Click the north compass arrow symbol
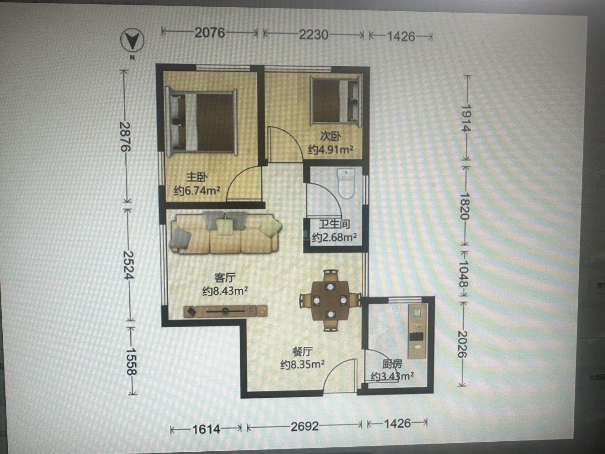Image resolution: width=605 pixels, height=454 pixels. (132, 41)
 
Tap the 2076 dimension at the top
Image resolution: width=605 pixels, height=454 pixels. (210, 33)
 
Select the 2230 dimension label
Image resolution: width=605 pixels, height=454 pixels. (314, 35)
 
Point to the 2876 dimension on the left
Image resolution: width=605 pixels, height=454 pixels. (125, 136)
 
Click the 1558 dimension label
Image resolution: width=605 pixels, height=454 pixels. (131, 361)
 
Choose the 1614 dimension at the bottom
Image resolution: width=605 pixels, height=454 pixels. (206, 429)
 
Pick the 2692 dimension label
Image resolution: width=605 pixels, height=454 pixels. (304, 426)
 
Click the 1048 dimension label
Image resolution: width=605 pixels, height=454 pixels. (463, 274)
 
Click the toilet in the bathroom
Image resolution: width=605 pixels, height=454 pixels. (346, 183)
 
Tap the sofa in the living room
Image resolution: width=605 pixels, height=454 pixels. (226, 232)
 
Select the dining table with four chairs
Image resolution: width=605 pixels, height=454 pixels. (330, 300)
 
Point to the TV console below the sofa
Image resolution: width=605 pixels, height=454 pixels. (225, 311)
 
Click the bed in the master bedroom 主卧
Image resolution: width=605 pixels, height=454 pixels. (201, 122)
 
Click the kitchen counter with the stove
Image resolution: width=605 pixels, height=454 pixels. (417, 331)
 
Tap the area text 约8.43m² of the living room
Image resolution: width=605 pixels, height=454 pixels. (225, 291)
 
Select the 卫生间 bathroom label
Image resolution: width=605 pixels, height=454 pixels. (334, 224)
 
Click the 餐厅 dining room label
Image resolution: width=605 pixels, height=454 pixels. (302, 352)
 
